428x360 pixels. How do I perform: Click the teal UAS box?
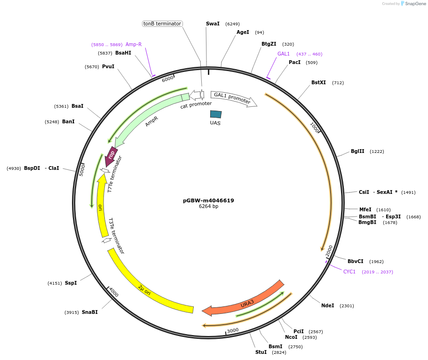pyautogui.click(x=216, y=114)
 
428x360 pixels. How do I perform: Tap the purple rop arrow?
pyautogui.click(x=111, y=156)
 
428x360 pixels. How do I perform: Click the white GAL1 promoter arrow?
pyautogui.click(x=233, y=98)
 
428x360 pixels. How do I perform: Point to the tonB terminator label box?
pyautogui.click(x=162, y=24)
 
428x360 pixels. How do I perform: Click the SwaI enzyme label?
pyautogui.click(x=213, y=24)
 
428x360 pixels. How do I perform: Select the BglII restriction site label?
pyautogui.click(x=357, y=152)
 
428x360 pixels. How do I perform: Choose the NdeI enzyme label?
pyautogui.click(x=327, y=306)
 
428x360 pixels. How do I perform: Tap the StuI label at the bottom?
pyautogui.click(x=261, y=352)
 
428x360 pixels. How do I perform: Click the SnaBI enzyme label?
pyautogui.click(x=90, y=312)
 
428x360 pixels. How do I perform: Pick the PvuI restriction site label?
pyautogui.click(x=108, y=67)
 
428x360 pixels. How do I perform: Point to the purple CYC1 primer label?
pyautogui.click(x=349, y=272)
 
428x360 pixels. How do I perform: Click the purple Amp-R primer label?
pyautogui.click(x=134, y=45)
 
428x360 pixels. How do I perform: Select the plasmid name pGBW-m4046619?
pyautogui.click(x=208, y=200)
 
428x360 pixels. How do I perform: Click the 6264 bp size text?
pyautogui.click(x=208, y=207)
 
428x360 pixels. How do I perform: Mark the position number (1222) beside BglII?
pyautogui.click(x=377, y=152)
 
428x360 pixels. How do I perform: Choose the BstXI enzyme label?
pyautogui.click(x=318, y=83)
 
